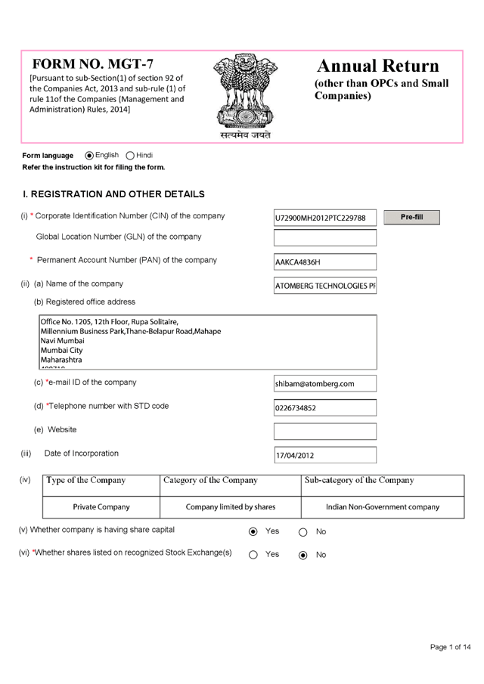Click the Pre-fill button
point(411,218)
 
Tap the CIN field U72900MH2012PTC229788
point(324,218)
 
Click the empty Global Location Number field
point(324,238)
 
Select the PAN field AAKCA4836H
point(324,262)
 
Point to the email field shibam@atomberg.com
point(324,384)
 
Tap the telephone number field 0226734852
point(324,408)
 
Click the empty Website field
point(324,432)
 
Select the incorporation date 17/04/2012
point(324,456)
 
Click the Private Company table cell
point(101,506)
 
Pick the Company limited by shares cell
point(231,506)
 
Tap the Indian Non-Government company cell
point(382,506)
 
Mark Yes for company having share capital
point(253,531)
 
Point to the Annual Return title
point(377,66)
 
